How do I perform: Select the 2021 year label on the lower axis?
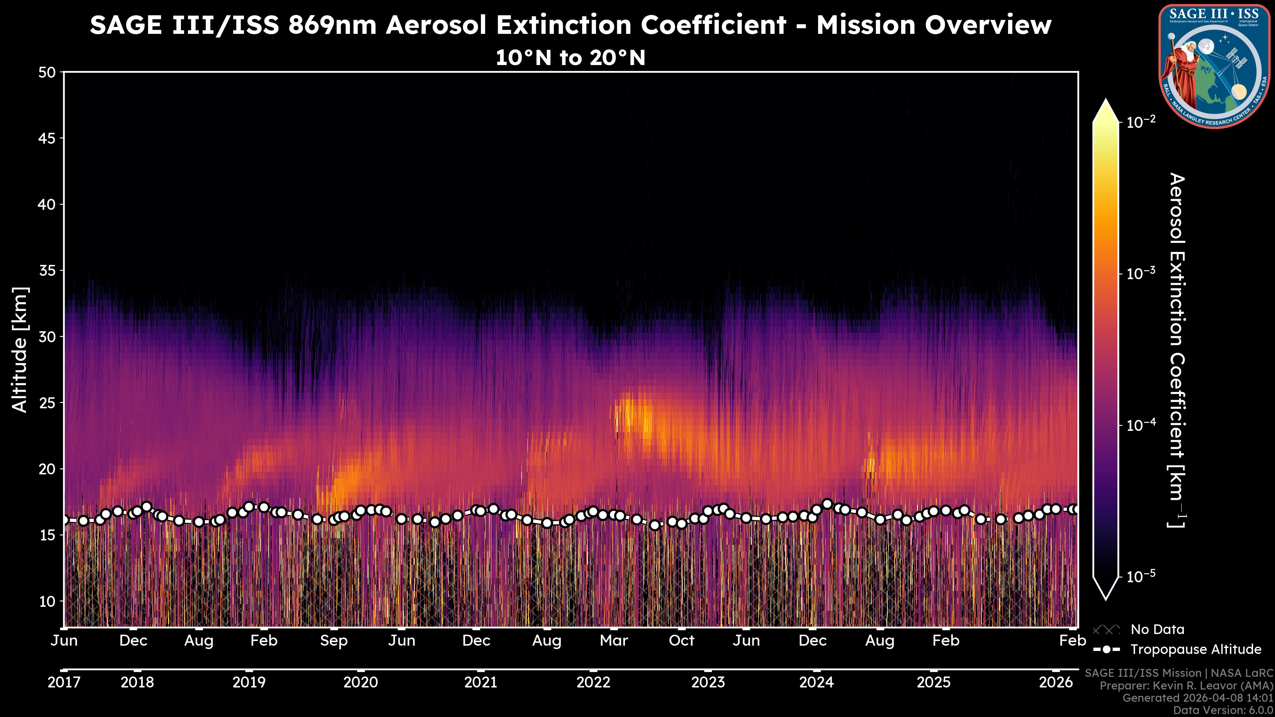coord(480,682)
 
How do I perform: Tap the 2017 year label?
coord(64,682)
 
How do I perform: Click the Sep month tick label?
coord(334,641)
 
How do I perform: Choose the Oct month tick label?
coord(682,641)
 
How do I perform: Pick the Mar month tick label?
coord(614,641)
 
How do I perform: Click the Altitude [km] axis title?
coord(20,350)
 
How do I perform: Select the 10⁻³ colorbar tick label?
coord(1141,274)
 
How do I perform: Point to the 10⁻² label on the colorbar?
coord(1141,122)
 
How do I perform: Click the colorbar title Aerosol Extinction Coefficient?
coord(1177,350)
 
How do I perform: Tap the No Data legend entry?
coord(1157,629)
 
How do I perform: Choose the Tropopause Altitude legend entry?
coord(1195,649)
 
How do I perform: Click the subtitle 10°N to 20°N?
coord(570,58)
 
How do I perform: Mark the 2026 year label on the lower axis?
coord(1055,682)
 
